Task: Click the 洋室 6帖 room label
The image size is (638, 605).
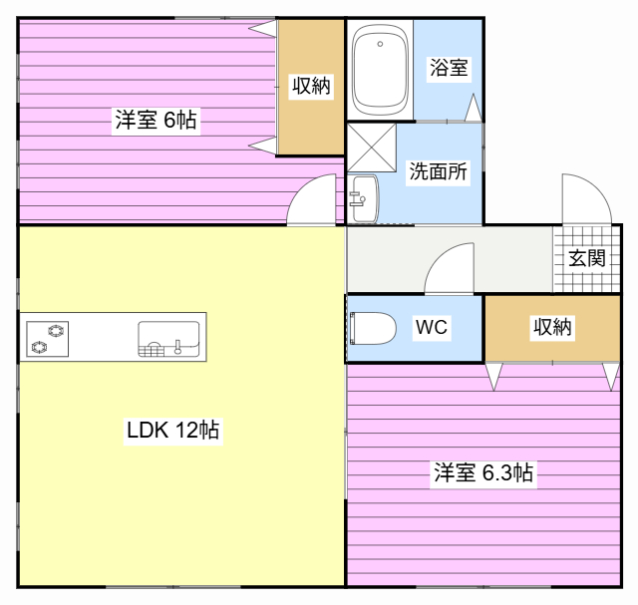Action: coord(156,121)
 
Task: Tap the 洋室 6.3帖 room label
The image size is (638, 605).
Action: coord(483,472)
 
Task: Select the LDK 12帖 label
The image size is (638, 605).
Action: coord(172,431)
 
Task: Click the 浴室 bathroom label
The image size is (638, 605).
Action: coord(448,68)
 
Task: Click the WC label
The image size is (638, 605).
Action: coord(431,327)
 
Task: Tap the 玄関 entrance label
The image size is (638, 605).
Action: coord(587,258)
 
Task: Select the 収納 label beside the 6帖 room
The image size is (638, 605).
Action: coord(311,86)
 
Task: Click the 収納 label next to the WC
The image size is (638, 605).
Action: coord(552,327)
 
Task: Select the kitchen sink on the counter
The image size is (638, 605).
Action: coord(167,338)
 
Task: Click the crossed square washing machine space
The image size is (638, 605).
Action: coord(371,148)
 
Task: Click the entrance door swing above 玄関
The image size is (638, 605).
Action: coord(585,199)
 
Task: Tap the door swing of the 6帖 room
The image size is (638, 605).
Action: coord(313,200)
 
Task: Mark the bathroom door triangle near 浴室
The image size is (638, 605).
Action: coord(474,107)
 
